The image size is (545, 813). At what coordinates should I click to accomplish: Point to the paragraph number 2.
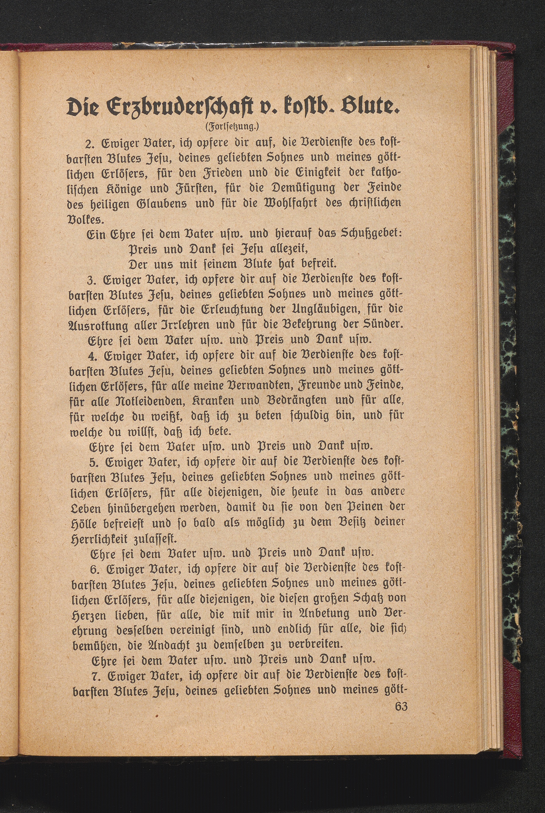pos(88,144)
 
